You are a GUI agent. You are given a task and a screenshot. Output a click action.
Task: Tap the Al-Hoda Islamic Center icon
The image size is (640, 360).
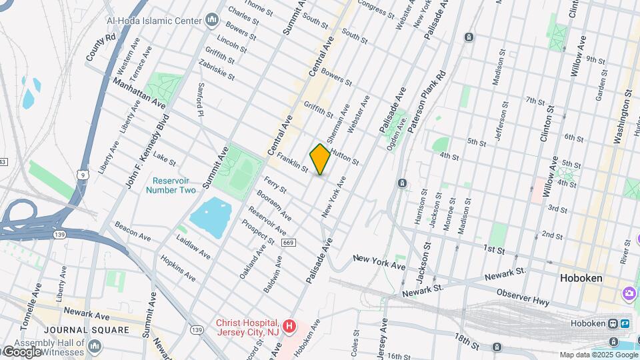tap(212, 20)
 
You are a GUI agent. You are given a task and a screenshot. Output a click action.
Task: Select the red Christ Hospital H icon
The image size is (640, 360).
tap(289, 326)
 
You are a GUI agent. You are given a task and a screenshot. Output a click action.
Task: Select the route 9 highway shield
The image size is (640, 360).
tap(81, 175)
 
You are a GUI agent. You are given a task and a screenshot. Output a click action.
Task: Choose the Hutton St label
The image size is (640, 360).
tap(343, 157)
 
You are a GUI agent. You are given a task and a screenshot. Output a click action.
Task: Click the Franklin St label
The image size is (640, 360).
tap(293, 163)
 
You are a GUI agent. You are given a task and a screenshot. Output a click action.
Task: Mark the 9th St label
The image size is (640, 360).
tap(595, 60)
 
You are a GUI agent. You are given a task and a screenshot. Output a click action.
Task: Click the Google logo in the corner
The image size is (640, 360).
tap(21, 352)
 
